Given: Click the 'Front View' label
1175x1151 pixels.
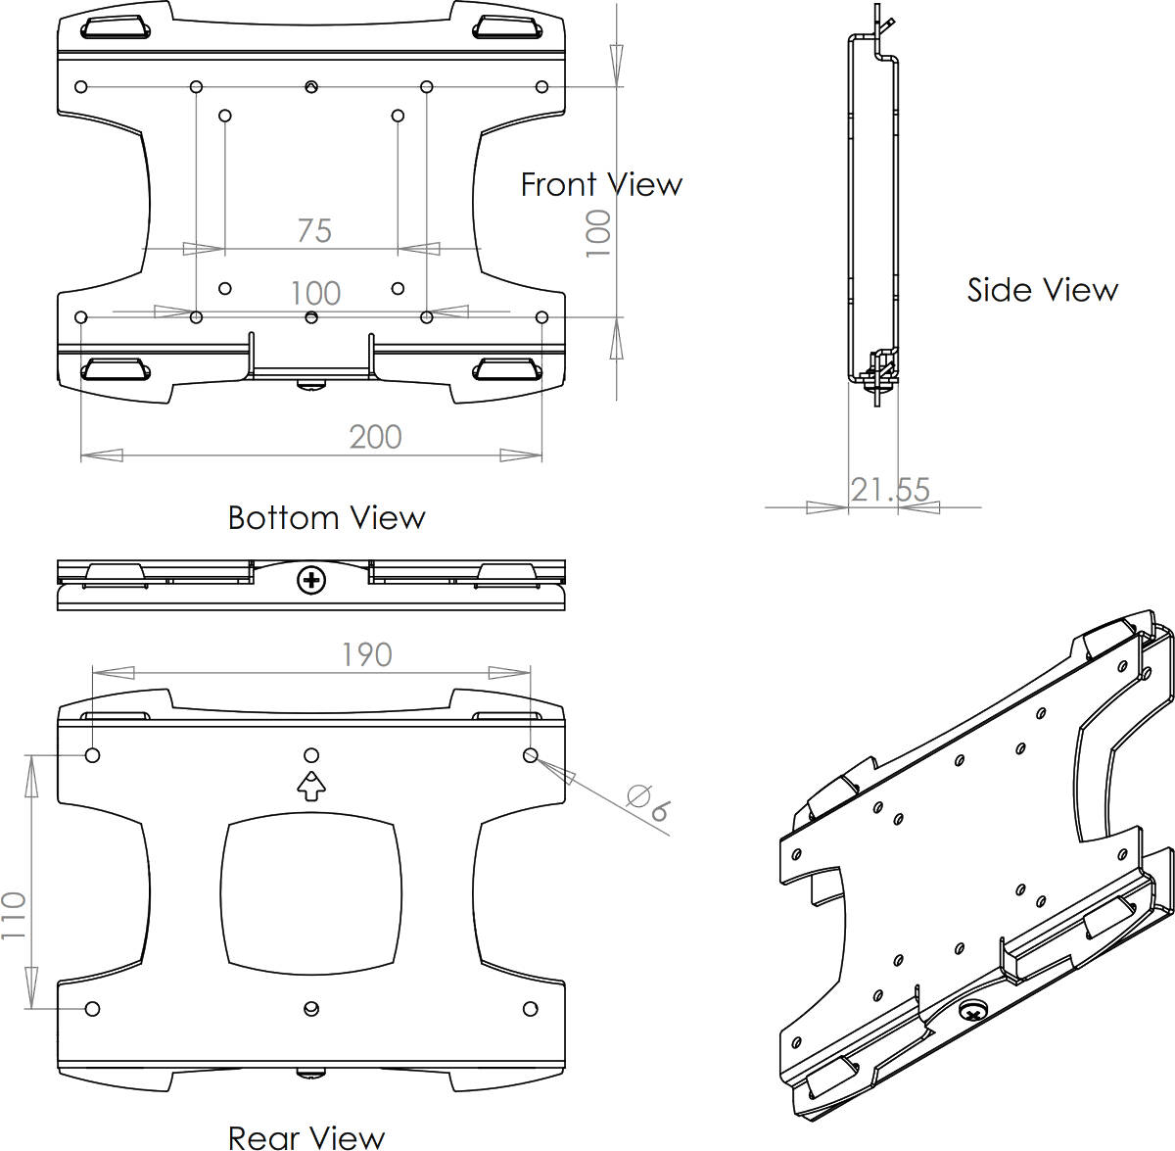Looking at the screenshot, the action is tap(601, 184).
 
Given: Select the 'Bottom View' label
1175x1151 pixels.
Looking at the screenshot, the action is tap(326, 517).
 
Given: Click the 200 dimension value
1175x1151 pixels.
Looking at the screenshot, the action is tap(376, 437).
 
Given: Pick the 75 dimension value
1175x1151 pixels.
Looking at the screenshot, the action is tap(314, 230).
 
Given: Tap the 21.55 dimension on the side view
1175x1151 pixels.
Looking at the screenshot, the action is tap(890, 490).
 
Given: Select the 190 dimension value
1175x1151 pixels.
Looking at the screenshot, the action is tap(366, 654).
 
